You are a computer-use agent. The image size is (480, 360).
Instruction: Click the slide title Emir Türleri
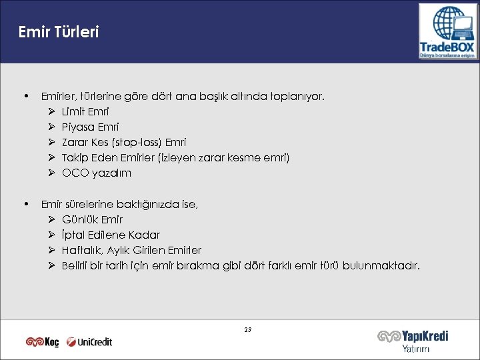pyautogui.click(x=59, y=32)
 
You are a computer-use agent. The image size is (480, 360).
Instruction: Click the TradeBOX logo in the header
pyautogui.click(x=447, y=32)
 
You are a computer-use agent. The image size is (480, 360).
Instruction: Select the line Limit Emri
pyautogui.click(x=85, y=111)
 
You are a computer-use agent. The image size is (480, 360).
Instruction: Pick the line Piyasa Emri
pyautogui.click(x=90, y=127)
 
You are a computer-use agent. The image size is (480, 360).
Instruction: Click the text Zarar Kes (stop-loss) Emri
pyautogui.click(x=124, y=142)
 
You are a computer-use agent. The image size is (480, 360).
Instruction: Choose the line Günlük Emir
pyautogui.click(x=92, y=219)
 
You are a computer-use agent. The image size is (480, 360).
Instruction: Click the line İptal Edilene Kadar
pyautogui.click(x=111, y=235)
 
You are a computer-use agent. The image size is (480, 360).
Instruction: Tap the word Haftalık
pyautogui.click(x=81, y=250)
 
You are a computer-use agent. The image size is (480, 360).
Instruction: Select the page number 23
pyautogui.click(x=248, y=330)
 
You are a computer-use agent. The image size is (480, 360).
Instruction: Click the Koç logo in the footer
pyautogui.click(x=43, y=342)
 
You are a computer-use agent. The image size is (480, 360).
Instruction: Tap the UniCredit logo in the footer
pyautogui.click(x=90, y=342)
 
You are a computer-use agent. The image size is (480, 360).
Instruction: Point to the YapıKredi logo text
pyautogui.click(x=413, y=337)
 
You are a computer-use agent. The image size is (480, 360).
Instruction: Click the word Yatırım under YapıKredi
pyautogui.click(x=416, y=349)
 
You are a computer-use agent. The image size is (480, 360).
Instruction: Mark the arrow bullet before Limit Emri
pyautogui.click(x=51, y=111)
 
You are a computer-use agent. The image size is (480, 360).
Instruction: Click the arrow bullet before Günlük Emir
pyautogui.click(x=51, y=219)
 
